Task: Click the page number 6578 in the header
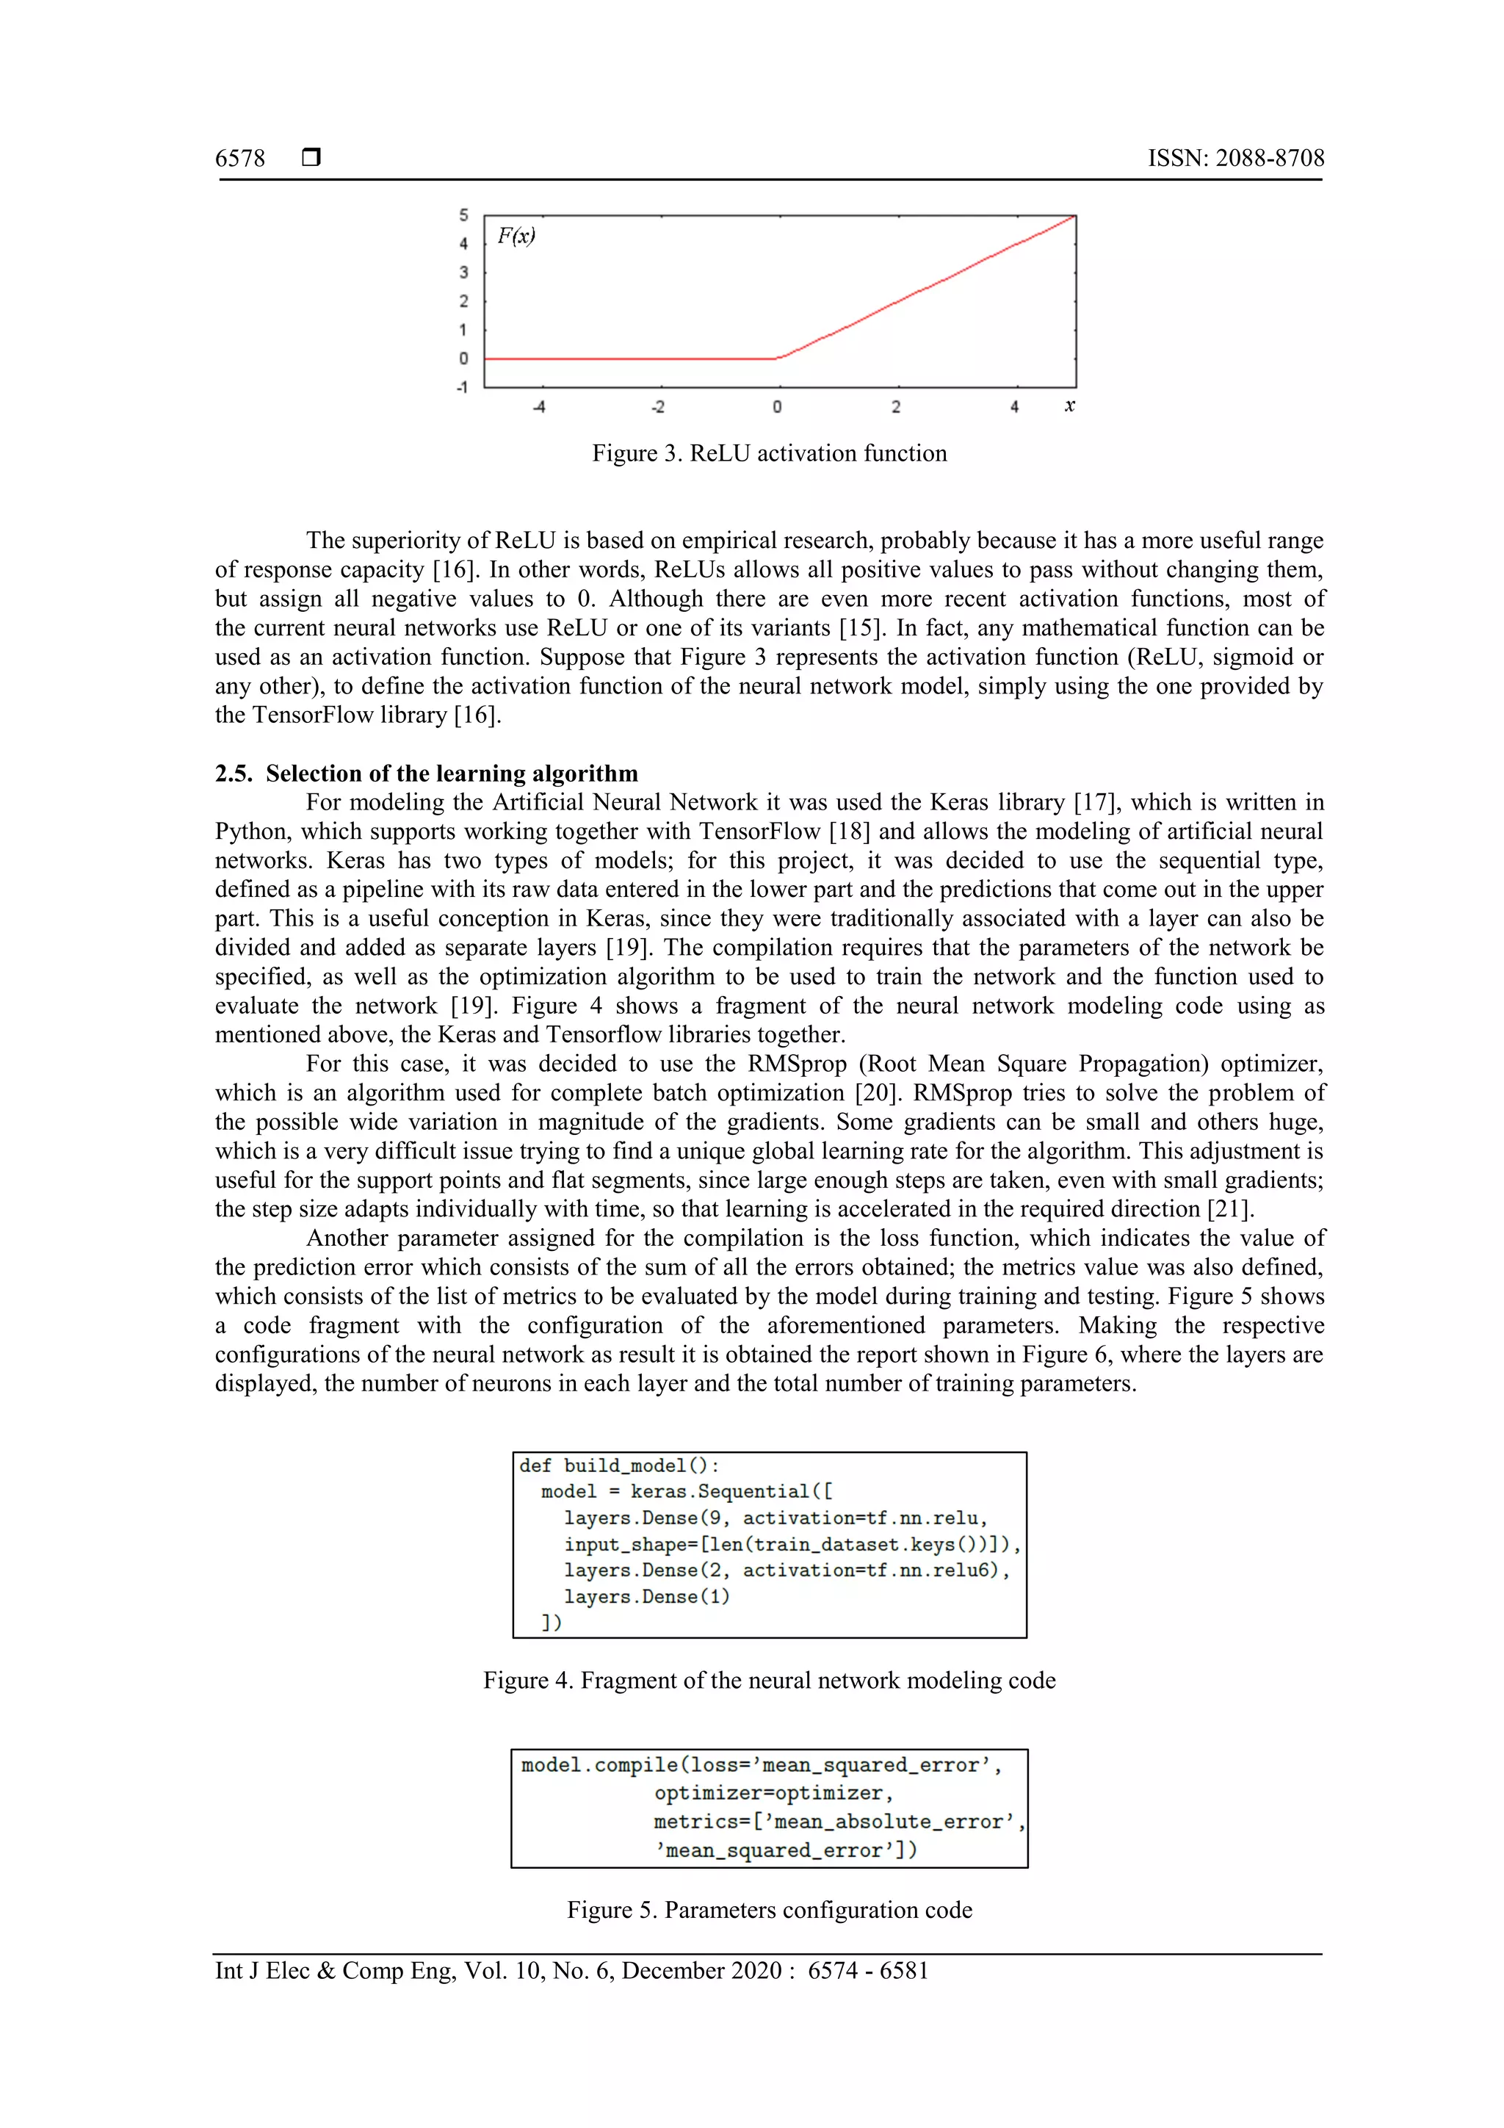240,159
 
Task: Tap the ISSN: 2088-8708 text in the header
1235,159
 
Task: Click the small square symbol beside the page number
311,157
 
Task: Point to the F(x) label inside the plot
516,237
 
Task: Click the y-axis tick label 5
463,215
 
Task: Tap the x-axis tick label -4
538,407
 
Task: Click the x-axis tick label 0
776,407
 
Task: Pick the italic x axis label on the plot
1069,406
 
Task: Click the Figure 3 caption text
769,453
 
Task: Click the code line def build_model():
618,1465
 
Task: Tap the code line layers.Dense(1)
646,1596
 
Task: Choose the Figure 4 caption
769,1681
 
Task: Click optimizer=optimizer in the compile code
772,1794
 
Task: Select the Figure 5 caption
769,1910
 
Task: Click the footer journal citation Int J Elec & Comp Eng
571,1971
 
